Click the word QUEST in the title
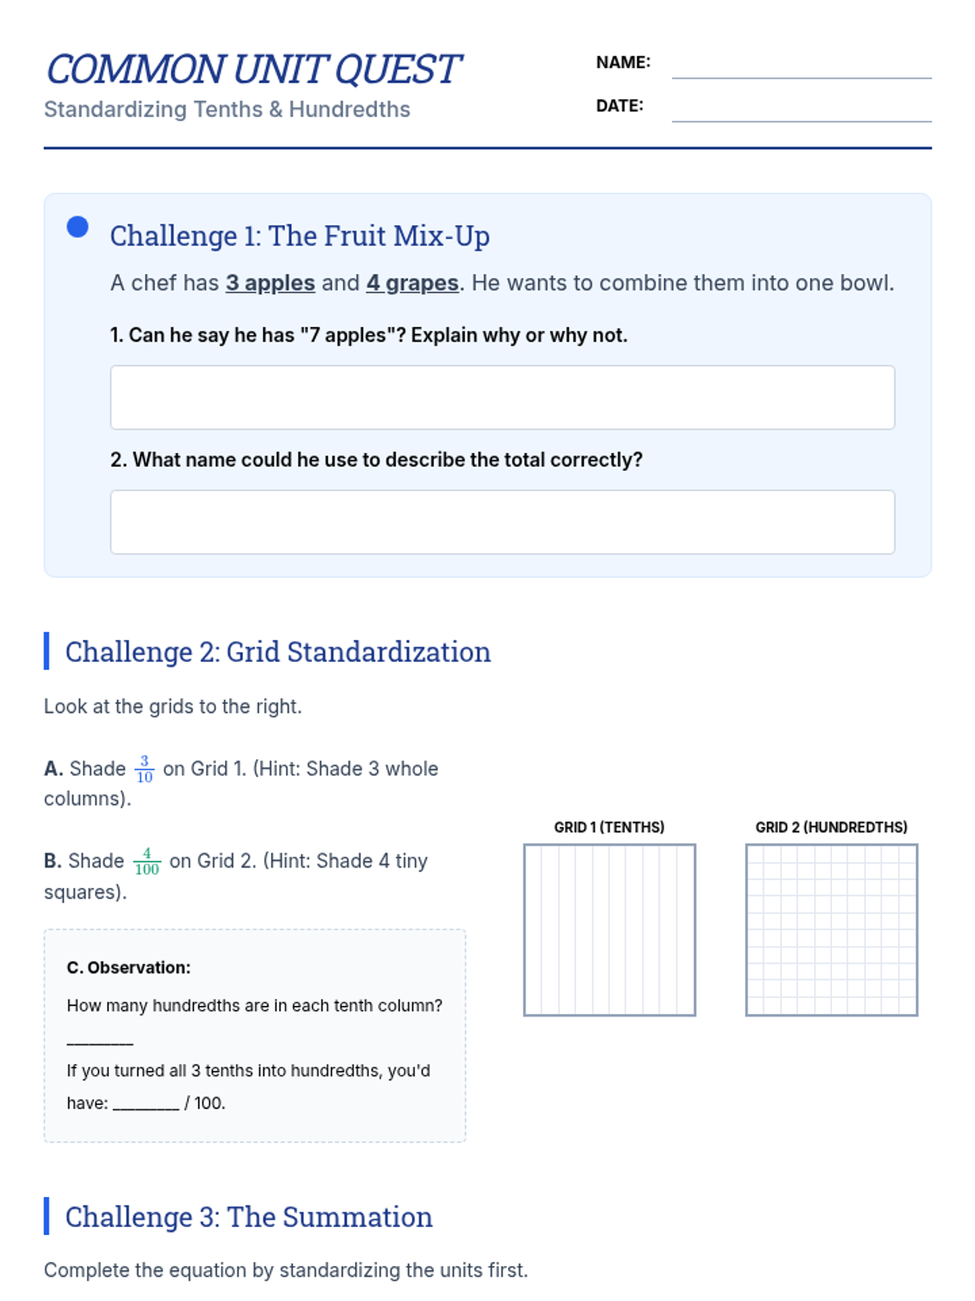[x=397, y=69]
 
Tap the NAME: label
[x=622, y=63]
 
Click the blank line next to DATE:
[x=801, y=121]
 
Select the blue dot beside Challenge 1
[x=77, y=226]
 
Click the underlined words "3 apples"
[x=270, y=283]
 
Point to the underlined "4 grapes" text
[x=412, y=283]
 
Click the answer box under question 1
[x=502, y=397]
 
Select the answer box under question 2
[x=502, y=521]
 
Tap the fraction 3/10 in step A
[x=145, y=768]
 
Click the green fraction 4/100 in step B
[x=147, y=861]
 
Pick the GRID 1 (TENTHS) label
[x=609, y=827]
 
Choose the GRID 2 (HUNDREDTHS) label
[x=831, y=827]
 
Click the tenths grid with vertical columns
[x=609, y=929]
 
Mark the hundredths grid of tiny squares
[x=831, y=929]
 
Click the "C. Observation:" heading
[x=128, y=968]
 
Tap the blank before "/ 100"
[x=145, y=1107]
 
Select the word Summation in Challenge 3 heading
[x=357, y=1216]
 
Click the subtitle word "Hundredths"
[x=349, y=110]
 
